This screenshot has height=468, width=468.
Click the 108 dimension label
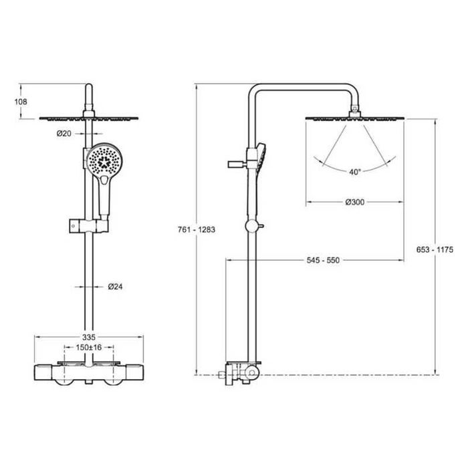[x=21, y=102]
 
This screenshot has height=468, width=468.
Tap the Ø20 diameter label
[x=64, y=134]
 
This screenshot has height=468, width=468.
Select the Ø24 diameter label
[x=115, y=287]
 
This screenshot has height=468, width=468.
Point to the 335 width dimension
[x=89, y=337]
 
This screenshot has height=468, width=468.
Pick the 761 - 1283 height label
[x=197, y=230]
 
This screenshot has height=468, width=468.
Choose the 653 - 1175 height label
[x=435, y=249]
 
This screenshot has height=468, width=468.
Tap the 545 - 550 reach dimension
[x=323, y=260]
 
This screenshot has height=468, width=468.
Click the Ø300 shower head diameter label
[x=355, y=202]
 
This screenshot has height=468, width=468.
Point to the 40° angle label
[x=355, y=172]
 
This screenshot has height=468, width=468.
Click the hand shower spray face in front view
[x=104, y=161]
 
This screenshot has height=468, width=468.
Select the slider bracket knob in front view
[x=74, y=226]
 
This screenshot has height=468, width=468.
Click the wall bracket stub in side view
[x=237, y=164]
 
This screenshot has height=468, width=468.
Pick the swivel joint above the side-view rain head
[x=354, y=110]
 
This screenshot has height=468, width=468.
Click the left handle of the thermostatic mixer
[x=43, y=372]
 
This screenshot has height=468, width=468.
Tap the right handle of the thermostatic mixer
[x=134, y=372]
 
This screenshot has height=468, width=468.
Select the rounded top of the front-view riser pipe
[x=89, y=87]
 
